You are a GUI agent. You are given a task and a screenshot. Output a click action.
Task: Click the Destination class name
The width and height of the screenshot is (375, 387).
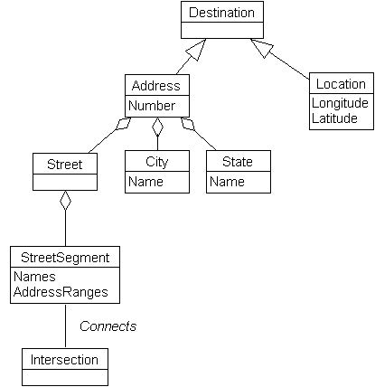coord(222,13)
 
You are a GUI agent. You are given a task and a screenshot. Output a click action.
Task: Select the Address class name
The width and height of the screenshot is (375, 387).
coord(156,86)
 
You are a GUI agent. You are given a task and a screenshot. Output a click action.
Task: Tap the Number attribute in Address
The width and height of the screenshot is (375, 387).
coord(151,106)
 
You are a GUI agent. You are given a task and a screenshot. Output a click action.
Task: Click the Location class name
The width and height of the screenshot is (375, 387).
coord(340,84)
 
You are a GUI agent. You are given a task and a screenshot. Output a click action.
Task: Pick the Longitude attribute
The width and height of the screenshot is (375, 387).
coord(340,102)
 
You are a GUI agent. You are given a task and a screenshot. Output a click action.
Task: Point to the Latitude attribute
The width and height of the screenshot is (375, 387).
coord(335,118)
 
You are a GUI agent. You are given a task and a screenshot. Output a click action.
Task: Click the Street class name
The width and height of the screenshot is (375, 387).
coord(64,164)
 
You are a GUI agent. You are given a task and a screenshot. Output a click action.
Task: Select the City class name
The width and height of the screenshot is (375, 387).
coord(156,163)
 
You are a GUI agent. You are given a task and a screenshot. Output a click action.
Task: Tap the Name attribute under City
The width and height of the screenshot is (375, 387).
coord(145,182)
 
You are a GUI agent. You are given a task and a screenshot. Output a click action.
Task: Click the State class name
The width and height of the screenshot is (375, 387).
coord(239,163)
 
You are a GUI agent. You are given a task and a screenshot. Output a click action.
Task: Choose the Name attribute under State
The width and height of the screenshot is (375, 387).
coord(228,182)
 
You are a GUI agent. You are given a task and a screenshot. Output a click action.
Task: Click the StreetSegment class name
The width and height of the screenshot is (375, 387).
coord(65,258)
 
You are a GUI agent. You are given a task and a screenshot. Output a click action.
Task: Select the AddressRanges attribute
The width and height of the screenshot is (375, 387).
coord(61,292)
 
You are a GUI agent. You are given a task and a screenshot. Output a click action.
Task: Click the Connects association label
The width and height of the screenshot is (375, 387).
coord(108,326)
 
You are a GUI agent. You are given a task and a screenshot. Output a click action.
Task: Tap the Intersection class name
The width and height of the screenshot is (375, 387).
coord(64,359)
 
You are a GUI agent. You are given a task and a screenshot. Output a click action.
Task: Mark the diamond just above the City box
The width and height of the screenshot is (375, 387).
coord(156,127)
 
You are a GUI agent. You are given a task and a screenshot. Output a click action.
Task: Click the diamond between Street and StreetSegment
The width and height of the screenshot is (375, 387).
coord(65,202)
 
